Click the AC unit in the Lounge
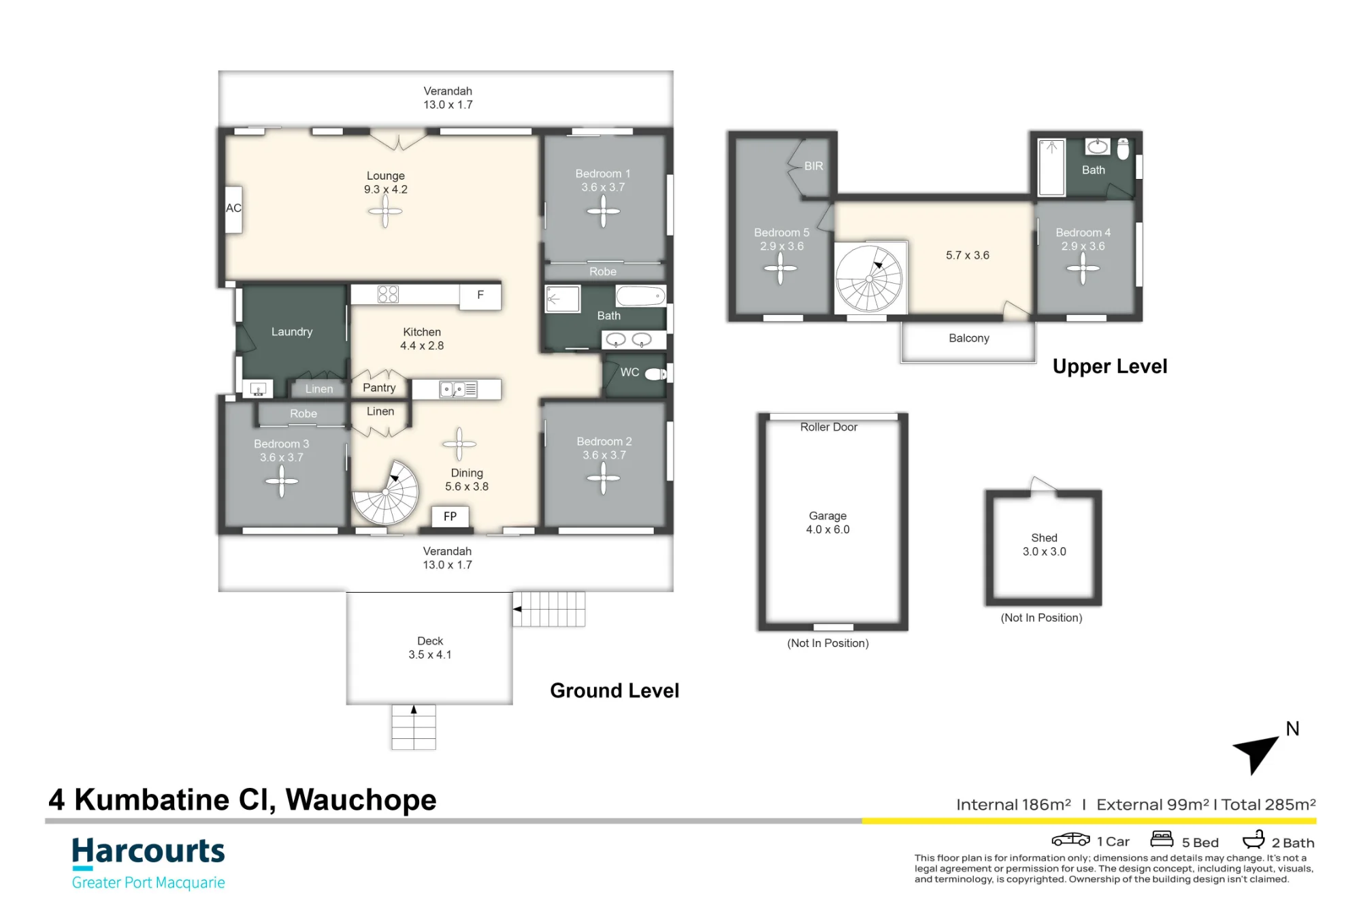[233, 210]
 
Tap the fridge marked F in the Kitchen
[480, 296]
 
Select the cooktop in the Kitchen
[388, 294]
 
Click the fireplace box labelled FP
[450, 516]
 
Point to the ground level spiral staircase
[386, 493]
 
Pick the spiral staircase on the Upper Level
[870, 278]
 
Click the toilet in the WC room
[656, 374]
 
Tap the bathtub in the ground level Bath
[640, 296]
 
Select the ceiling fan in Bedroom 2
[603, 478]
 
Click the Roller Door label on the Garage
[829, 427]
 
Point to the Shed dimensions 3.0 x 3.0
[1045, 551]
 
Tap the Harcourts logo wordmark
[148, 852]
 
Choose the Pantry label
[379, 387]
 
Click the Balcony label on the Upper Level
[969, 338]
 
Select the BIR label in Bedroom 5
[814, 166]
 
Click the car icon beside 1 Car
[1070, 840]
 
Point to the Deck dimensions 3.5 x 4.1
[430, 655]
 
